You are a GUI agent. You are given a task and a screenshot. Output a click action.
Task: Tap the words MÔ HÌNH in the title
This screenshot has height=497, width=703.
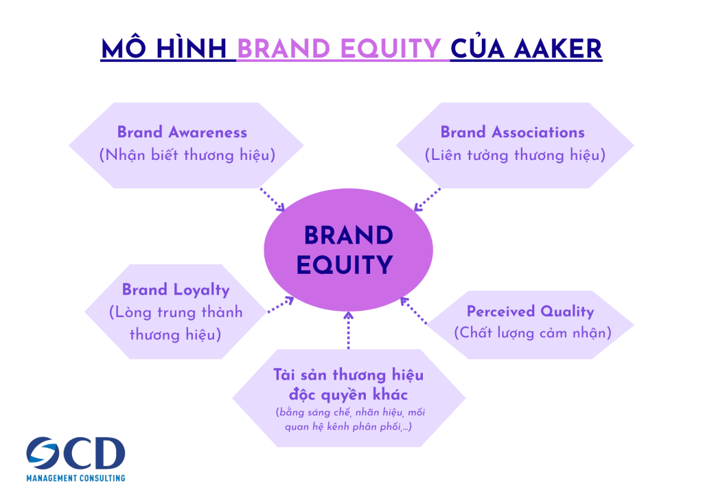[165, 48]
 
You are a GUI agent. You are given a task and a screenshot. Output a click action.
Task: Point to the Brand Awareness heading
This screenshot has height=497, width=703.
[182, 132]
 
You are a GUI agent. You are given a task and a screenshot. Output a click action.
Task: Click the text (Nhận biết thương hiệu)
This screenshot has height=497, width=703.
[187, 155]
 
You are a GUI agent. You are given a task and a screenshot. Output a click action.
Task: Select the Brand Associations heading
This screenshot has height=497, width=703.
[512, 132]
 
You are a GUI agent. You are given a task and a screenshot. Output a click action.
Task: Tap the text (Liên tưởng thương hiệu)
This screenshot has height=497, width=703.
[515, 155]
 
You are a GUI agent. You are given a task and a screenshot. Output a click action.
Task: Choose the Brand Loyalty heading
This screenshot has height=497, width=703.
[176, 290]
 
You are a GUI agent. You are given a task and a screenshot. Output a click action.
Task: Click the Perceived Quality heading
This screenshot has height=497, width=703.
[530, 311]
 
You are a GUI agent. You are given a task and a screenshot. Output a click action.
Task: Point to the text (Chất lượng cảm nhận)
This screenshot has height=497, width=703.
[532, 334]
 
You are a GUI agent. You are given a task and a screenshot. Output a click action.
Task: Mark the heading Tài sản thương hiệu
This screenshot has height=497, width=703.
[348, 375]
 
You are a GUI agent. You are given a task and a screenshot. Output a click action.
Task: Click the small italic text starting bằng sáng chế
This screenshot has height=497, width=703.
[348, 419]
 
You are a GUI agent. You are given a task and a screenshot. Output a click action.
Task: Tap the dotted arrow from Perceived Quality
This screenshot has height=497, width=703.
[414, 310]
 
